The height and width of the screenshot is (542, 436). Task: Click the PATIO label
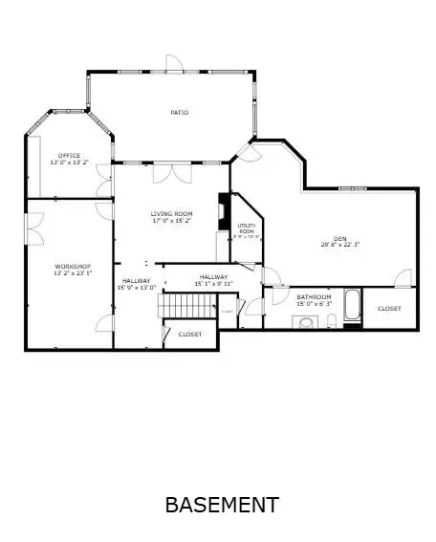coord(179,113)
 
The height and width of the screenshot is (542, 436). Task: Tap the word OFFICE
coord(69,155)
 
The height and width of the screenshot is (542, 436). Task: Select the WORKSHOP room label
coord(72,266)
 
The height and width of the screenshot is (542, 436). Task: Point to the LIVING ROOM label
coord(172,213)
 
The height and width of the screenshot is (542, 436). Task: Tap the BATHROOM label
coord(314,296)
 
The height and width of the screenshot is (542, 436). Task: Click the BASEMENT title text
coord(222,504)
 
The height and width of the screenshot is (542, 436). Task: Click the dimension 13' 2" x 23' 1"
coord(72,273)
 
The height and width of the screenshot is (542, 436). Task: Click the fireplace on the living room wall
coord(224,208)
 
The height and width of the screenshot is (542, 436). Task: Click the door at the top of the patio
coord(172,64)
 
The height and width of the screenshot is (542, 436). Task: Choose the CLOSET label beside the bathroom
coord(389,309)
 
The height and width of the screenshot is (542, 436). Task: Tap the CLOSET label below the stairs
coord(189,335)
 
